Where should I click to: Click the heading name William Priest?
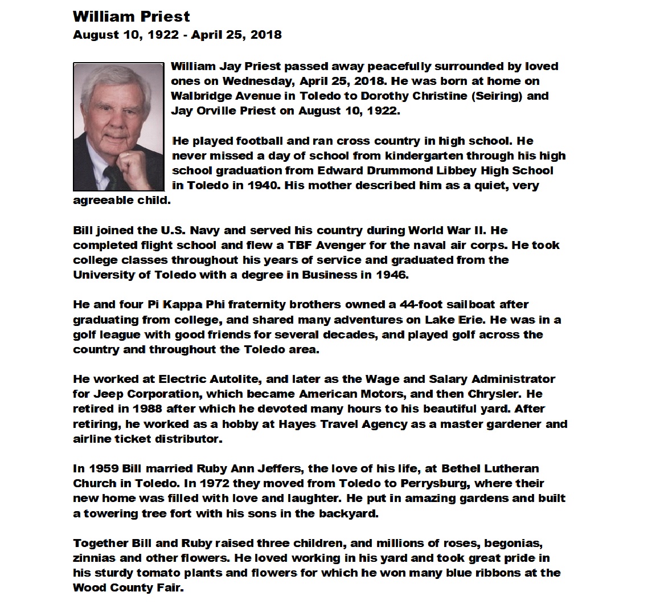132,17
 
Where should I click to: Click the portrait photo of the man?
118,126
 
